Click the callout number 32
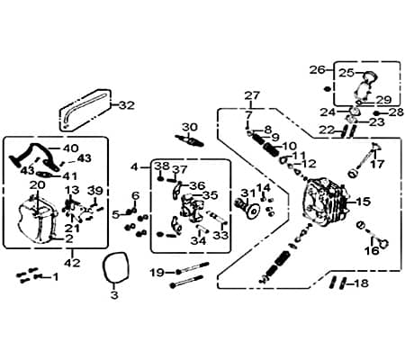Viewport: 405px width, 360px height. pos(126,104)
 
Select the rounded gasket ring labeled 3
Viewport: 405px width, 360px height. pos(113,268)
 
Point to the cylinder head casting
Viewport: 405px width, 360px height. pos(325,206)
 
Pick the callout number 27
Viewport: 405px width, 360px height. pos(251,95)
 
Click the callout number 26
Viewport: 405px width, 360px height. pos(317,68)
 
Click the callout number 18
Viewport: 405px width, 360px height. pos(361,283)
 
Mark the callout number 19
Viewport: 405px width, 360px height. pos(156,272)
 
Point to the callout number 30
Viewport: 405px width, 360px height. pos(189,127)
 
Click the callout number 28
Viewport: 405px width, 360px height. pos(396,112)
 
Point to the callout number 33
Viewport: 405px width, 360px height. pos(220,235)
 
